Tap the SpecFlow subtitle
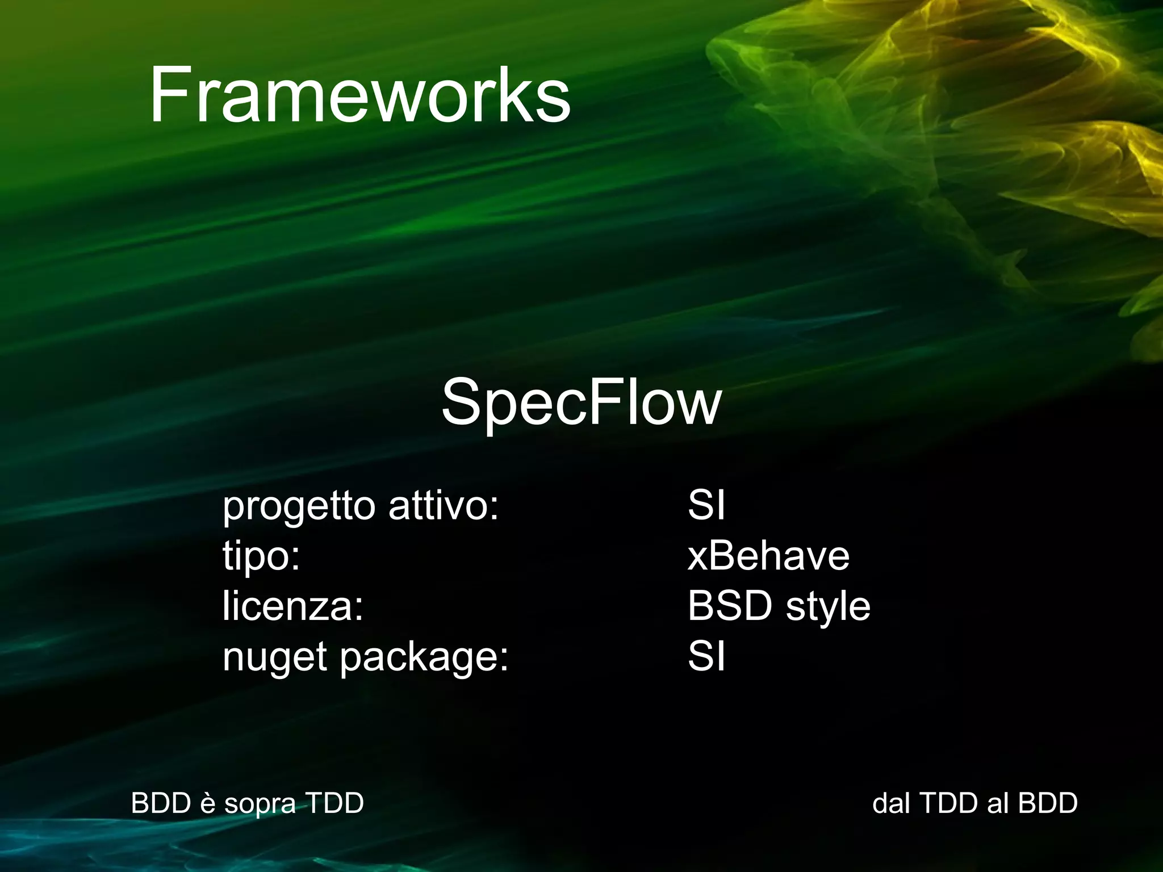581,402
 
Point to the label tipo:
261,556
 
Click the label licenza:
292,606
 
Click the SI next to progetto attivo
706,505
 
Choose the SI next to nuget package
706,656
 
